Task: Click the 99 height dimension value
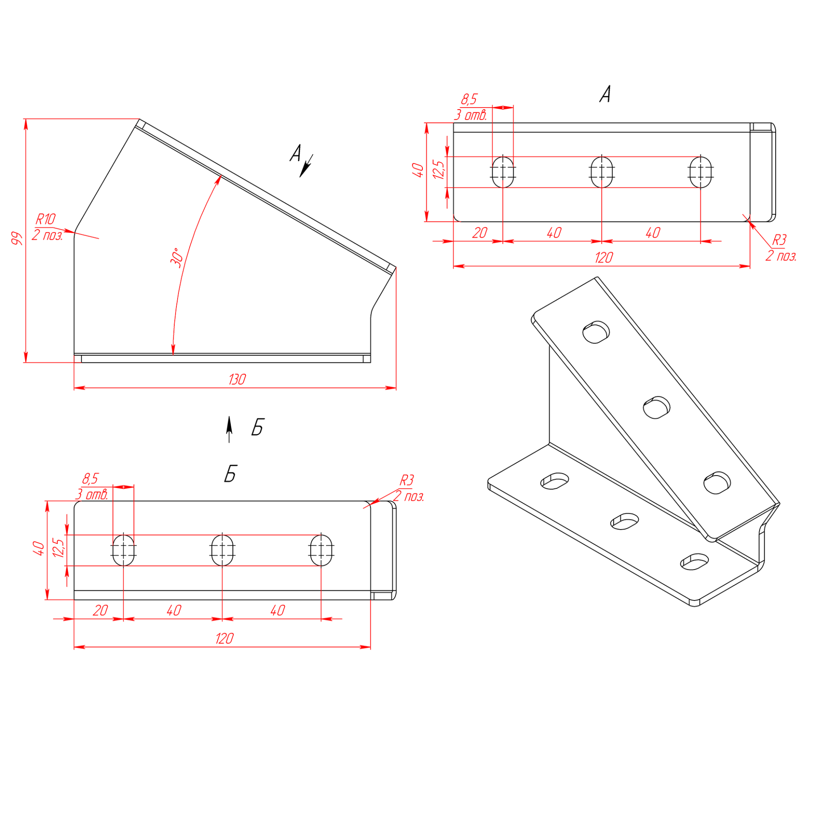click(17, 238)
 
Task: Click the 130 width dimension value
click(237, 379)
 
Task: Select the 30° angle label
click(177, 258)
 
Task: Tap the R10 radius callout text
click(45, 219)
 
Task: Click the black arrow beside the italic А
click(306, 166)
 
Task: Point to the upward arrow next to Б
click(229, 429)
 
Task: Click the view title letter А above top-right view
click(605, 93)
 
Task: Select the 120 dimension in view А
click(603, 257)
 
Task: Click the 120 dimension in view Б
click(224, 638)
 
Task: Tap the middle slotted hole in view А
click(602, 172)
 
